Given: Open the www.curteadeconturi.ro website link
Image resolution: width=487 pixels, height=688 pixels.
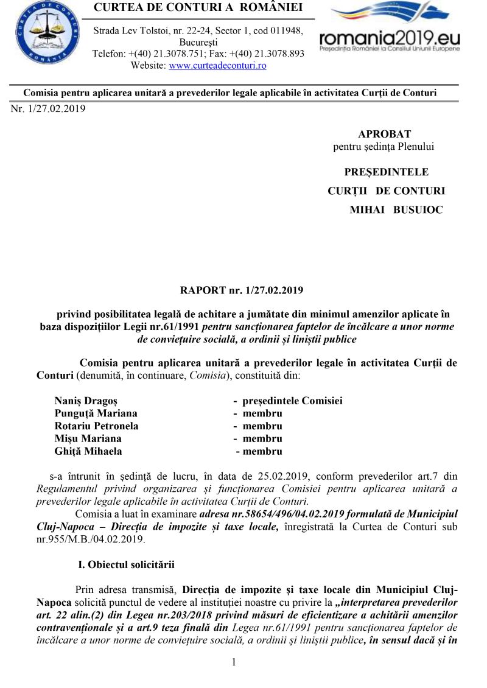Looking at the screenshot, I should pos(217,66).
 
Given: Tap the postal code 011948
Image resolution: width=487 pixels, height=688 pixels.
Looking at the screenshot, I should pos(288,31).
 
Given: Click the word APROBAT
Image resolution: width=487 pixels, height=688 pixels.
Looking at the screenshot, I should pos(384,134).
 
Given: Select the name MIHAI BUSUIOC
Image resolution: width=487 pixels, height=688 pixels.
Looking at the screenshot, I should pos(396,209).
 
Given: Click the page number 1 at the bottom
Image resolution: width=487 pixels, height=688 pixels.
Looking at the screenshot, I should pos(234,662).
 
